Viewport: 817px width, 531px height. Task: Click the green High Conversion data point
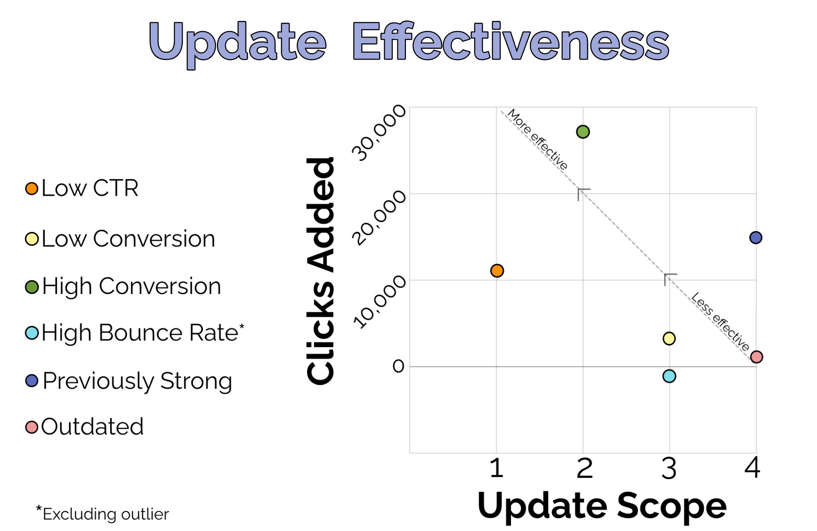pos(583,132)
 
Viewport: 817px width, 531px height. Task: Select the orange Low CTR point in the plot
pos(497,271)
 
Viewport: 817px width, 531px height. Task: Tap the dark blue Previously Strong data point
pos(756,237)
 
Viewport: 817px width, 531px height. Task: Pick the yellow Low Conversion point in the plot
pos(669,339)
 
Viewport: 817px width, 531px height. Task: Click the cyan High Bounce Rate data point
pos(669,376)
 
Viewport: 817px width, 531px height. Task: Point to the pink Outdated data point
pos(757,357)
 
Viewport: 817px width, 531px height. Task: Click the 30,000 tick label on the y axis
pos(379,133)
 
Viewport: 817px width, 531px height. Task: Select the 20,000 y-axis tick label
pos(379,217)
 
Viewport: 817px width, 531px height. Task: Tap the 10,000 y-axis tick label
pos(379,302)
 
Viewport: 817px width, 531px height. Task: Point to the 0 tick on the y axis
pos(398,366)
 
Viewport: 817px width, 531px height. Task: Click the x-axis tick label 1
pos(496,468)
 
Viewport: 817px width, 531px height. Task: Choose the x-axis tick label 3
pos(669,468)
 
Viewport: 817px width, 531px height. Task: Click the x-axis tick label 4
pos(752,468)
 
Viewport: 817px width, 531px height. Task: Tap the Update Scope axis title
pos(602,506)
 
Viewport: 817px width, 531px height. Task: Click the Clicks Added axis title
pos(320,271)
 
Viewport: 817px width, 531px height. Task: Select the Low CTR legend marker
pos(31,188)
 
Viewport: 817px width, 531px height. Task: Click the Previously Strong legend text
pos(137,381)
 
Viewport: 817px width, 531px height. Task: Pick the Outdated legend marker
pos(31,427)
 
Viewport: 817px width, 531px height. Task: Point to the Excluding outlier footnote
pos(103,513)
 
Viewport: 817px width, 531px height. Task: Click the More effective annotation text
pos(537,139)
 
